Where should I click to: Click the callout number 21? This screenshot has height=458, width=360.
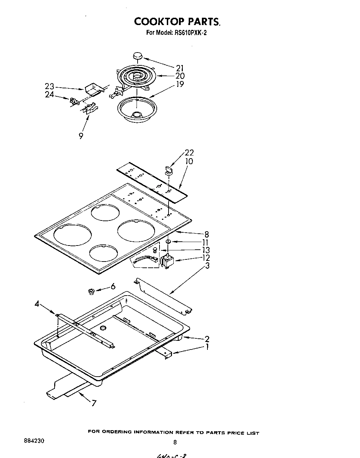tap(180, 68)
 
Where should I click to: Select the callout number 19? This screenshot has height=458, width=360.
tap(180, 84)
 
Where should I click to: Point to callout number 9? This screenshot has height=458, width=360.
tap(81, 136)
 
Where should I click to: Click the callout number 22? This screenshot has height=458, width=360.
tap(189, 152)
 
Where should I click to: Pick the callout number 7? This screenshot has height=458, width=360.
tap(93, 403)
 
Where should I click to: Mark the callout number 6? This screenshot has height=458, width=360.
tap(113, 286)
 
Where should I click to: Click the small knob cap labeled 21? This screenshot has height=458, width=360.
tap(138, 56)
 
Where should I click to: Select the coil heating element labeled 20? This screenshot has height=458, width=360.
tap(136, 76)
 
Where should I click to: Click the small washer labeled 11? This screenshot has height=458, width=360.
tap(168, 241)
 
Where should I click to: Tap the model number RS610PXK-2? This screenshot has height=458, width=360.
tap(190, 33)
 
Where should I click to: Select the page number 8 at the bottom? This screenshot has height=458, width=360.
tap(175, 443)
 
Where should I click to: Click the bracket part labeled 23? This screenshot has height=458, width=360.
tap(93, 89)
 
